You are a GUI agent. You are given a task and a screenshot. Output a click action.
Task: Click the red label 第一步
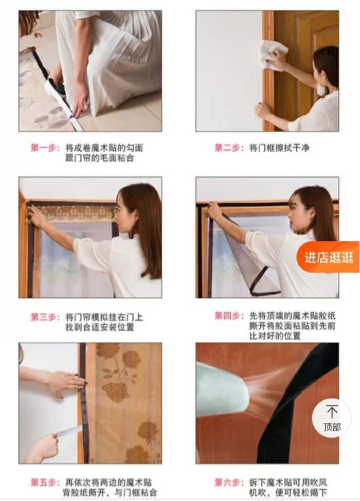45,148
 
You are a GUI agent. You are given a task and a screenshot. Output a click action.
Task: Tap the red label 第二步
229,148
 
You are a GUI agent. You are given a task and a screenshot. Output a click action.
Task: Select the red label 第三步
45,317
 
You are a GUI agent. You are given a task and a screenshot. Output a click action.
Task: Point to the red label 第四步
229,316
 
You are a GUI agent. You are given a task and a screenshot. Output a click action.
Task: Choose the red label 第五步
45,482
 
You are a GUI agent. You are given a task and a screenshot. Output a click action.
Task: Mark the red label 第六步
229,482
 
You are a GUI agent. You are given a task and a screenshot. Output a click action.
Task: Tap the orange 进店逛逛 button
329,257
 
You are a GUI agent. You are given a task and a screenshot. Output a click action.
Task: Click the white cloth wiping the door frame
273,55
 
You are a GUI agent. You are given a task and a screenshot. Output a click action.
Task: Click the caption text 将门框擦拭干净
279,148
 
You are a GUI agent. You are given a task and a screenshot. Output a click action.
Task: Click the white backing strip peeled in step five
69,430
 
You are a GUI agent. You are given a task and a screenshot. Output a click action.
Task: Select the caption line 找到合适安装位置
100,327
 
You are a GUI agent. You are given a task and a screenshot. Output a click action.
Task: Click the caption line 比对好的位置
275,336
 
